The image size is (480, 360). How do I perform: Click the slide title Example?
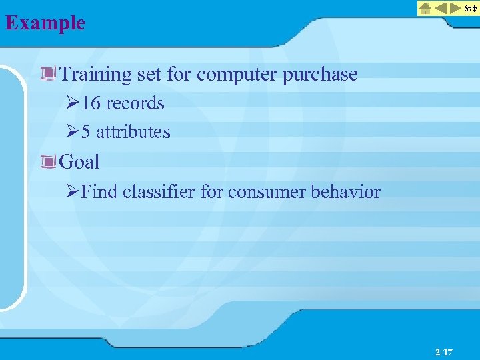45,23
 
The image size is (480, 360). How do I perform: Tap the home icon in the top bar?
425,9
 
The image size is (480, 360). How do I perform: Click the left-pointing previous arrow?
441,9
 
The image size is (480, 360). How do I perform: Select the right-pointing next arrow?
457,9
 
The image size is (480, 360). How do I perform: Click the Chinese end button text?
471,9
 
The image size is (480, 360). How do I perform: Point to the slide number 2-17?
443,351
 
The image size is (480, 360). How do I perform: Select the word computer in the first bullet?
237,75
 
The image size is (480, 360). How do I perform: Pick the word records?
135,103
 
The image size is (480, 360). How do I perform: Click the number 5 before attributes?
86,132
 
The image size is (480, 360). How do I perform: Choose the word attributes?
133,132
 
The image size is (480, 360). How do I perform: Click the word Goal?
79,161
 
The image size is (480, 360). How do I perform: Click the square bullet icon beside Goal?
47,161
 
